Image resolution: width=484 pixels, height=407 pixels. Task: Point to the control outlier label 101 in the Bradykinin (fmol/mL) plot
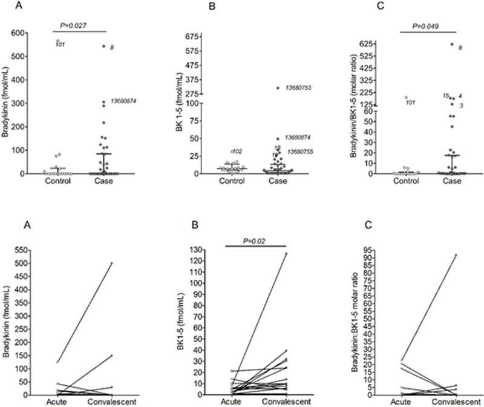pos(60,45)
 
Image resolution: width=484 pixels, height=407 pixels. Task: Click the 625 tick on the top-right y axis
pos(363,44)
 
